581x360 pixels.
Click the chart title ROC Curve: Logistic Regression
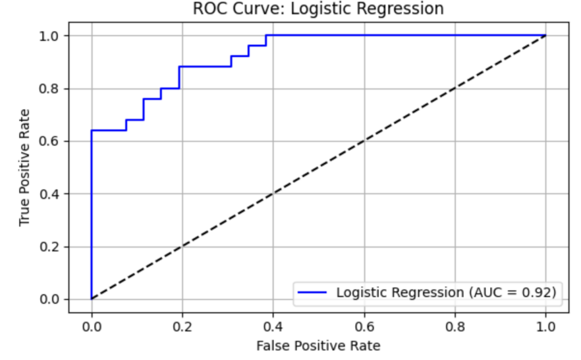click(x=318, y=8)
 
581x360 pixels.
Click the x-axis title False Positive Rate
click(x=318, y=347)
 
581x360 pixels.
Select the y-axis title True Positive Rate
click(x=24, y=167)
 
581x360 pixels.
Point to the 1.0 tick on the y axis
click(x=51, y=36)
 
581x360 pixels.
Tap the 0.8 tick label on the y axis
click(x=51, y=89)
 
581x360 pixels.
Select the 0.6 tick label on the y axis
click(x=51, y=141)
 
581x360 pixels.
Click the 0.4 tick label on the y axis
click(x=51, y=194)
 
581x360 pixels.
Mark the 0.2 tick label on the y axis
click(x=51, y=246)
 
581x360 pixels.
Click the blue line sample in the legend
click(x=313, y=293)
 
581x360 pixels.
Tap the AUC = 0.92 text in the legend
click(x=511, y=293)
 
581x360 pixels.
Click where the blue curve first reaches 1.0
click(x=266, y=35)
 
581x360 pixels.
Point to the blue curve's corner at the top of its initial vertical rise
click(x=92, y=130)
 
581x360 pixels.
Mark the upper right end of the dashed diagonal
click(x=545, y=35)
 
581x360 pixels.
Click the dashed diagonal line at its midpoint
click(x=318, y=167)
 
